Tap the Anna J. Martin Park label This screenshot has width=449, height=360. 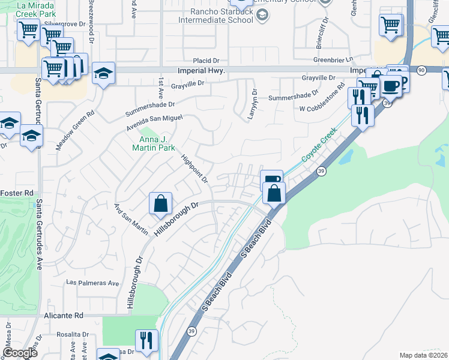pos(153,143)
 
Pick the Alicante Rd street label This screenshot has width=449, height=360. pos(63,315)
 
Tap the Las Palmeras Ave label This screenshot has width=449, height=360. pos(92,283)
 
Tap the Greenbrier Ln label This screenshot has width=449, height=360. pos(332,60)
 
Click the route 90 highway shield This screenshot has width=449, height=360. pos(422,71)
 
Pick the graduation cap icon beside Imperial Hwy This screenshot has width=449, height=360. pos(104,74)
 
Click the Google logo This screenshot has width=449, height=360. pos(20,353)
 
